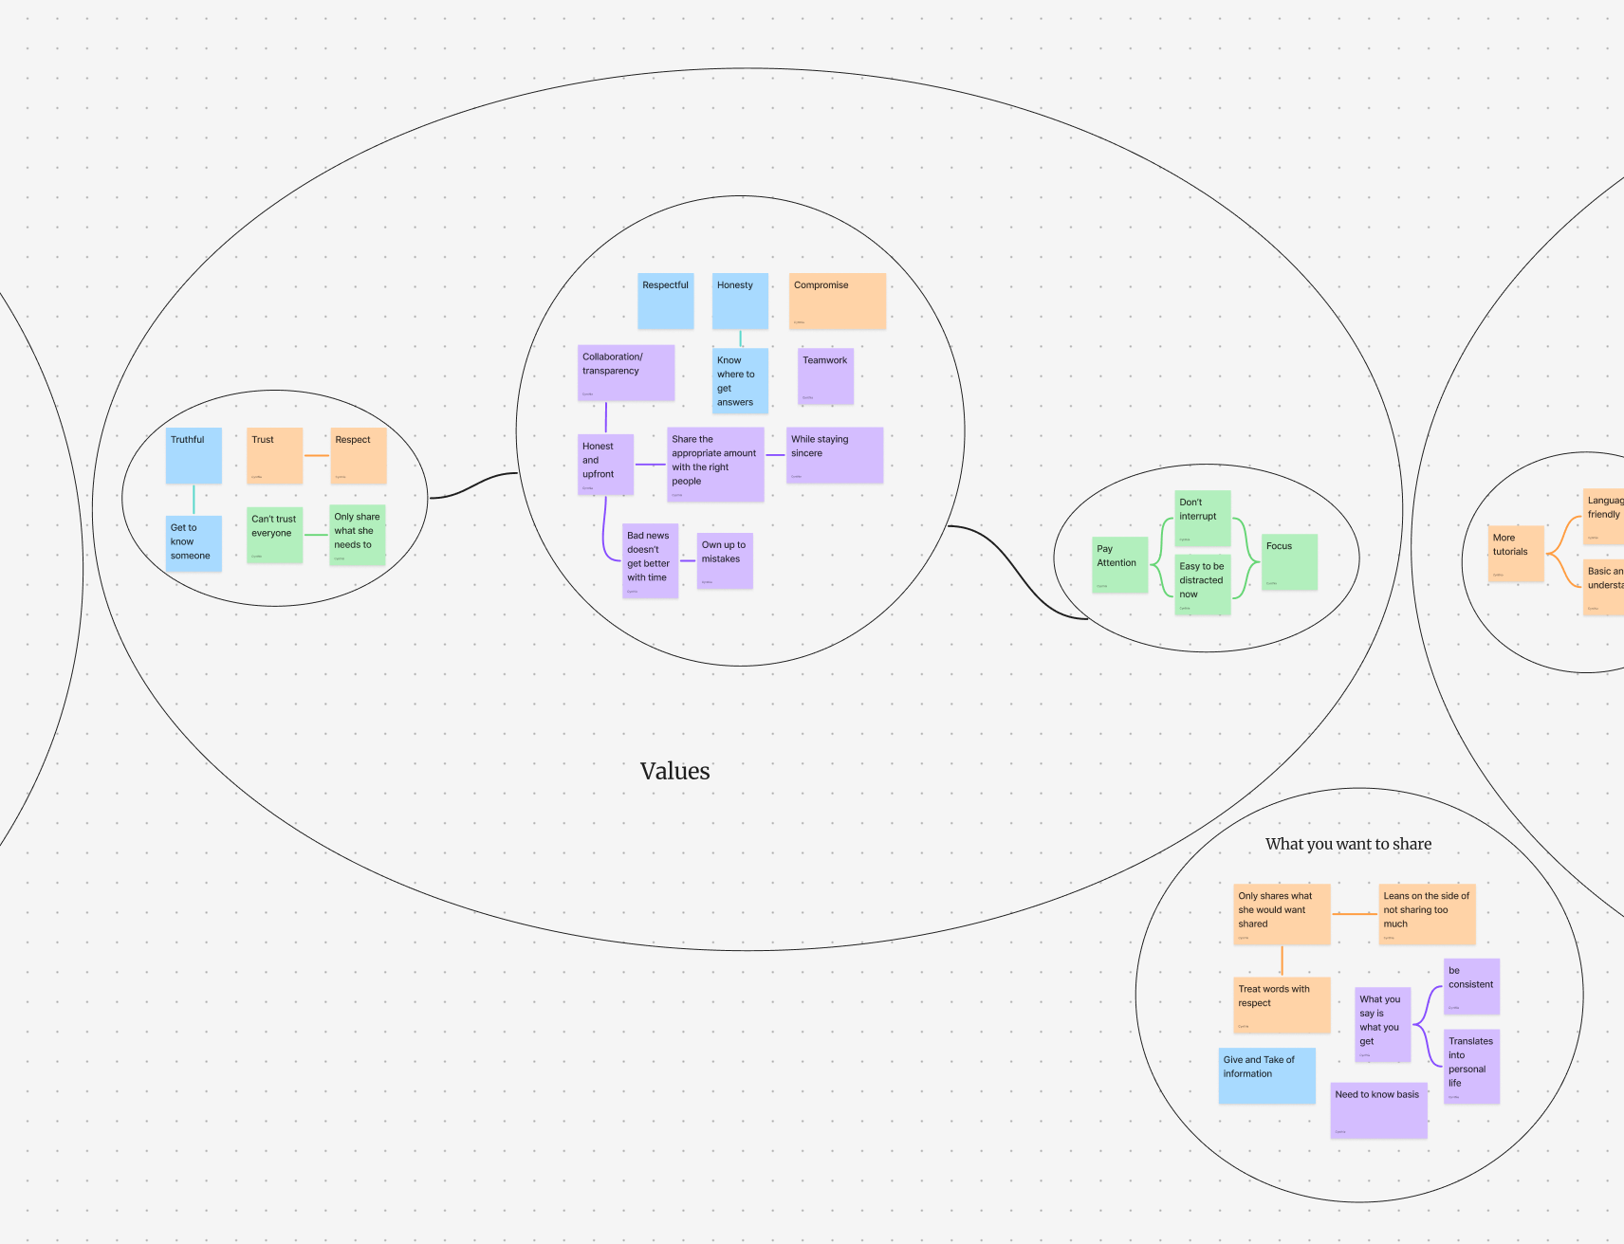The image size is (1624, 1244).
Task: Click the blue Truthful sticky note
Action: pyautogui.click(x=194, y=455)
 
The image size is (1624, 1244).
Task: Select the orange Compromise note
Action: pyautogui.click(x=837, y=301)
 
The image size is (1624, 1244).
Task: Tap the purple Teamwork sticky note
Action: pyautogui.click(x=825, y=375)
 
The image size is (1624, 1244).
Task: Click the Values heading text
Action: pyautogui.click(x=674, y=771)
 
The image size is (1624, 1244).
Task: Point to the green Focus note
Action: pyautogui.click(x=1289, y=561)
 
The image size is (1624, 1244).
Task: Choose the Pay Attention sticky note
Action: pyautogui.click(x=1119, y=564)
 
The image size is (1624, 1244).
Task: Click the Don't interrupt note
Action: pyautogui.click(x=1202, y=518)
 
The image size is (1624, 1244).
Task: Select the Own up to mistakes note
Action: pyautogui.click(x=725, y=559)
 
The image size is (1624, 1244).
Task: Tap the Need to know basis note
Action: pyautogui.click(x=1378, y=1109)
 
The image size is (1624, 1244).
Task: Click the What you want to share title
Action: pyautogui.click(x=1348, y=844)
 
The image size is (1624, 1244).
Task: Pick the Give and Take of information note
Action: pyautogui.click(x=1266, y=1075)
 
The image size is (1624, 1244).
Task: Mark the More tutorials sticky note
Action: pyautogui.click(x=1516, y=554)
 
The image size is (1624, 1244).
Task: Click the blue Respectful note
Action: pyautogui.click(x=665, y=301)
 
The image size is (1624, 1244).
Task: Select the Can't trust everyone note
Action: pyautogui.click(x=274, y=535)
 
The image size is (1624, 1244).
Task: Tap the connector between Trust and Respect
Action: pyautogui.click(x=316, y=456)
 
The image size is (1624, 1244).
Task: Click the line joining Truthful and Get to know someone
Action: pyautogui.click(x=194, y=499)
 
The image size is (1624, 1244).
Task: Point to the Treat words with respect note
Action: pyautogui.click(x=1282, y=1004)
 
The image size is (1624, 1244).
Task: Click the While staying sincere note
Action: pyautogui.click(x=834, y=454)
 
